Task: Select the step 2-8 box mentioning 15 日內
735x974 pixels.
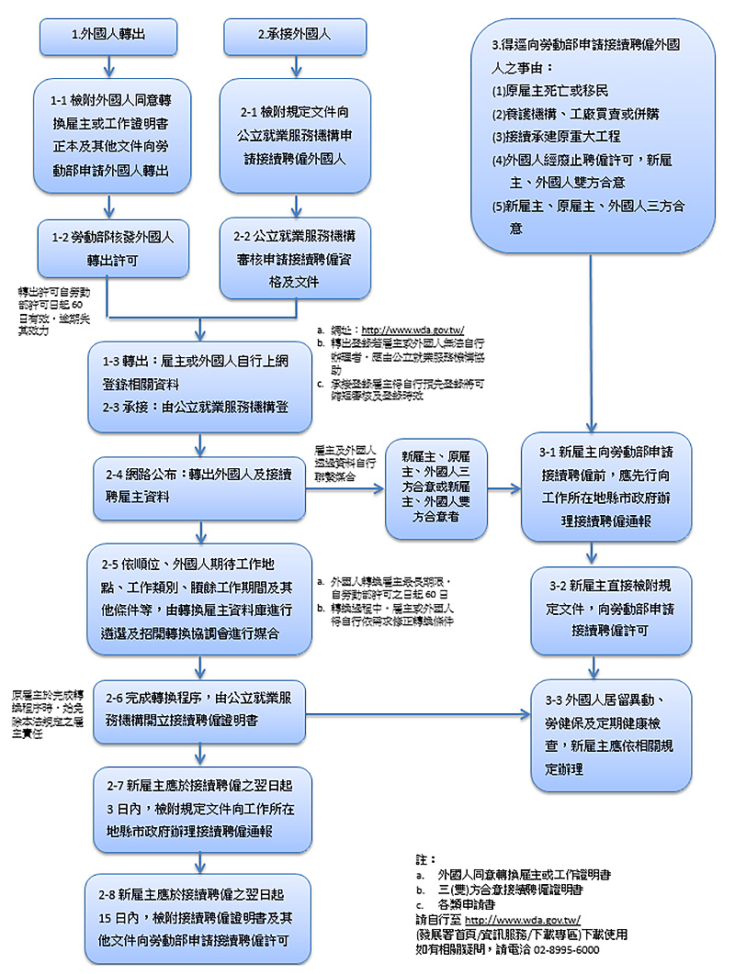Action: (198, 915)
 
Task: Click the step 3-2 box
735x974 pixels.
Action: (605, 606)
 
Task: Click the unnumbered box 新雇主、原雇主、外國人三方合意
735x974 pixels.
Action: (437, 488)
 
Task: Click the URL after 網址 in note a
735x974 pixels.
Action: (413, 330)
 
